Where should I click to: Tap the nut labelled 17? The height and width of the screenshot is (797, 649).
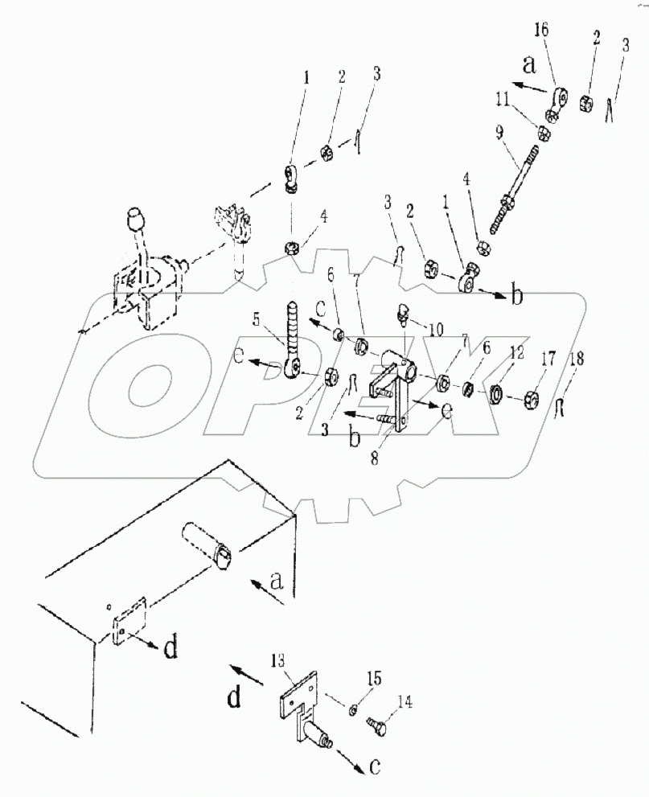click(532, 397)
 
